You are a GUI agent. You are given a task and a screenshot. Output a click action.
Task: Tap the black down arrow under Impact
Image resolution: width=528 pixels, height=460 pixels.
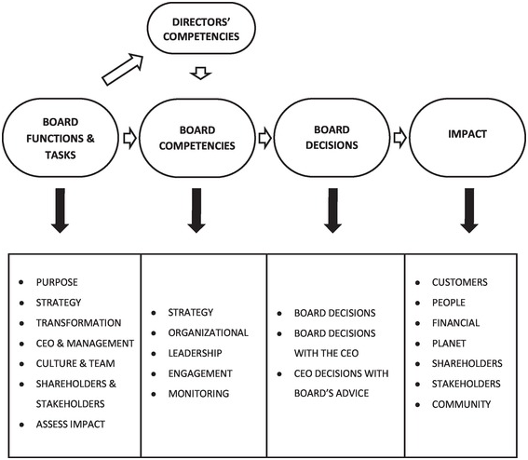[x=465, y=210]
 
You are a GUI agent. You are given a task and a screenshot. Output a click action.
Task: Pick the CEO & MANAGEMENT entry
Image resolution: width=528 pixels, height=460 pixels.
[x=87, y=343]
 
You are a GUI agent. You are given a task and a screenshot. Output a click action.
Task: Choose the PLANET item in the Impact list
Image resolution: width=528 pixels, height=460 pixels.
[x=451, y=344]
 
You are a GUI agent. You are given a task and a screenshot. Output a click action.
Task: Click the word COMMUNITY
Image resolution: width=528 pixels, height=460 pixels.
[x=460, y=404]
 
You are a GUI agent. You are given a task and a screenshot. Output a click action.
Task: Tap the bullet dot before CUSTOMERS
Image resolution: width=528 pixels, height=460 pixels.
[x=417, y=282]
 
